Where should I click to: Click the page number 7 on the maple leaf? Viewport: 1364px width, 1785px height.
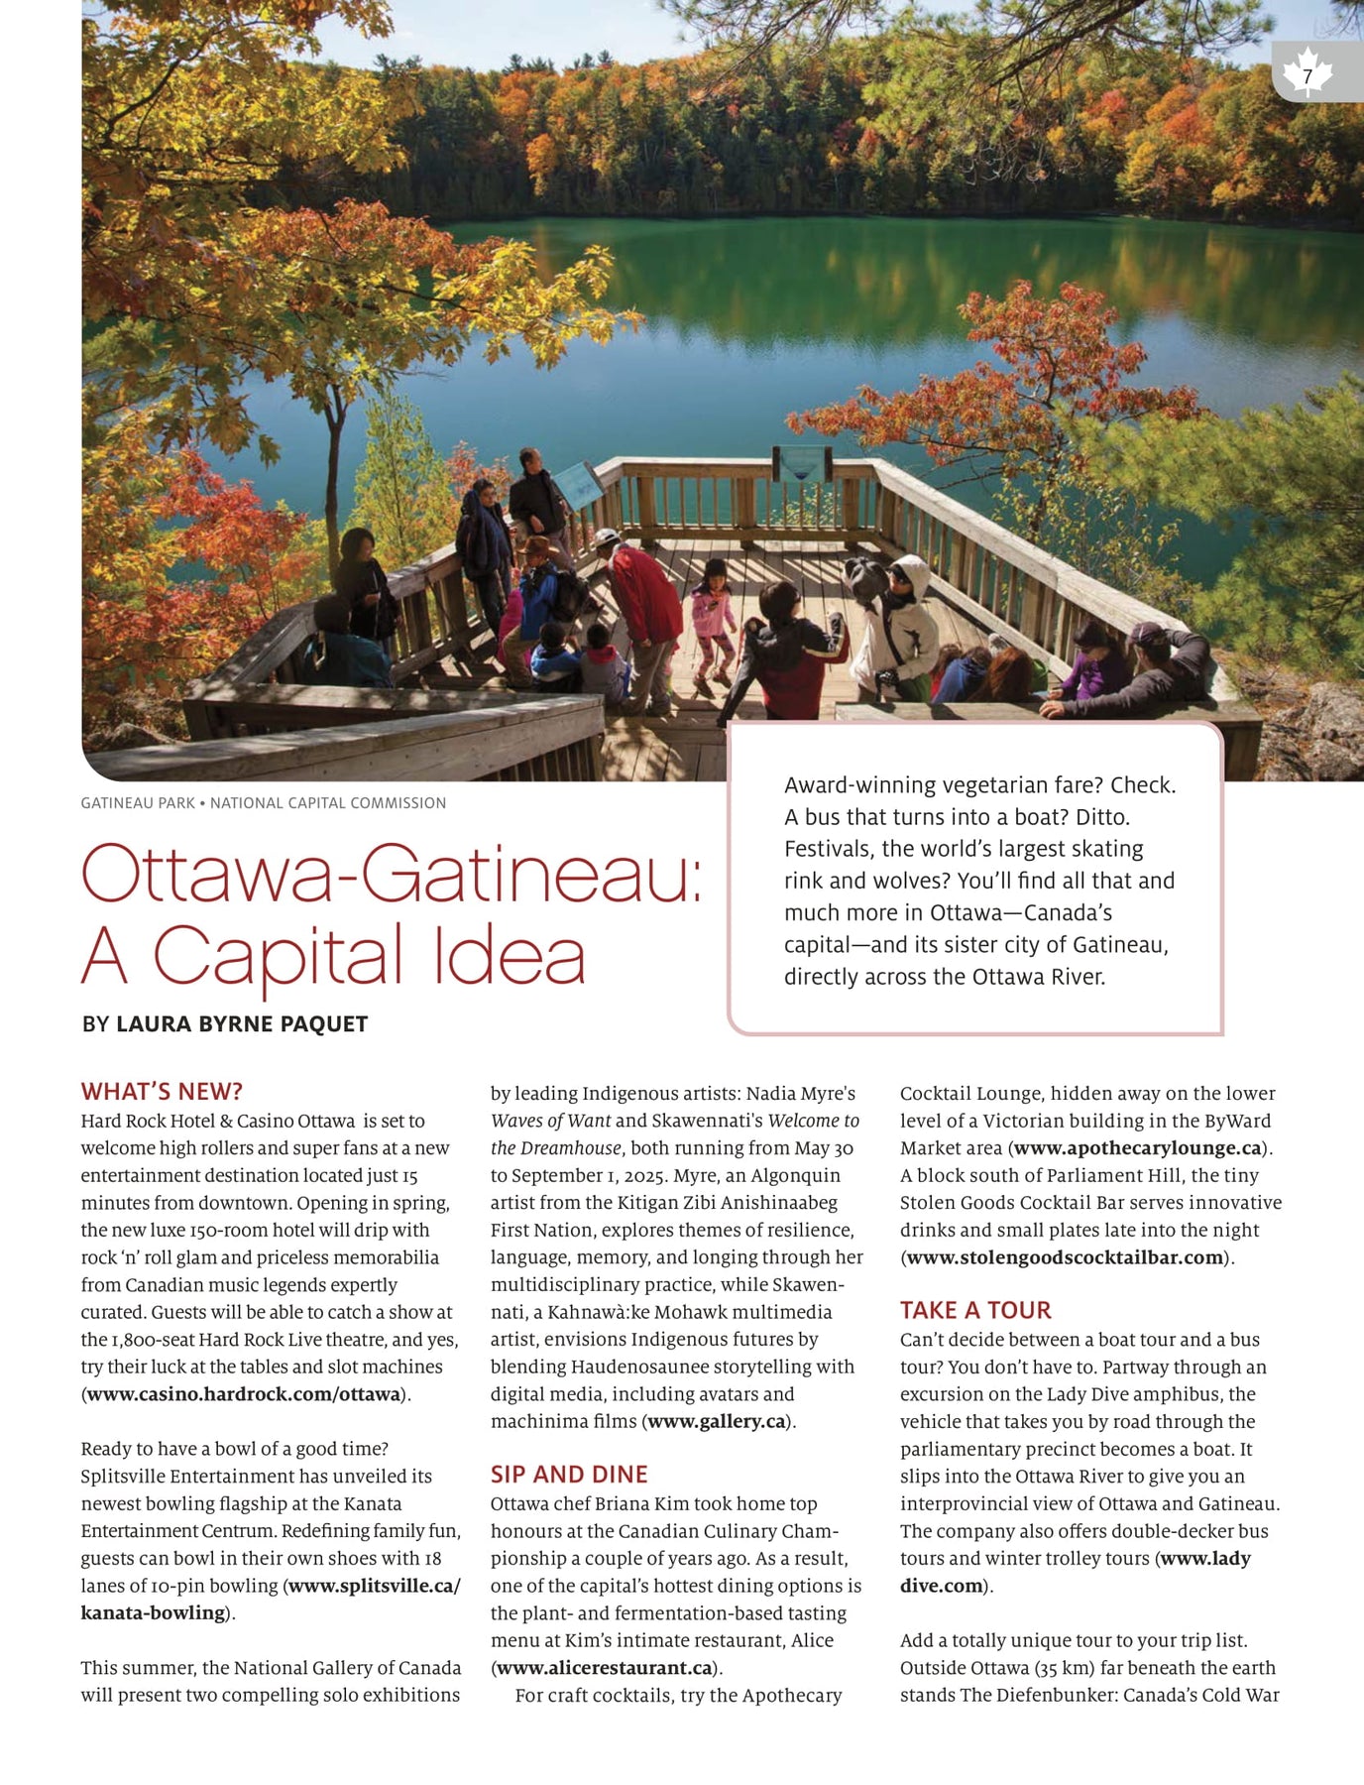(1307, 75)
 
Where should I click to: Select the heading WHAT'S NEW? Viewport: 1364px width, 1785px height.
(162, 1091)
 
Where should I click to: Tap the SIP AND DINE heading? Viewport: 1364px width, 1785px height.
(569, 1474)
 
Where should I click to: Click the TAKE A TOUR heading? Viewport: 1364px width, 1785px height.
(975, 1310)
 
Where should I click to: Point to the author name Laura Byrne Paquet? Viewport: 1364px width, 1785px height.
(242, 1023)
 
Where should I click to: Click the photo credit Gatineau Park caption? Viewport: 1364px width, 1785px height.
(263, 802)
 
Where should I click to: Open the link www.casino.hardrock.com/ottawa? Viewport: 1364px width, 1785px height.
(243, 1393)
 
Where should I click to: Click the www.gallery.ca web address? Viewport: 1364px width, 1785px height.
(717, 1421)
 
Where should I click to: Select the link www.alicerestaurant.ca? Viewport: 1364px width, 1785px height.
(605, 1667)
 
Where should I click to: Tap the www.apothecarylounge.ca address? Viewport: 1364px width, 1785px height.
(1137, 1148)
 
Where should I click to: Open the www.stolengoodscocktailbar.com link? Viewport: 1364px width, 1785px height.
(1065, 1257)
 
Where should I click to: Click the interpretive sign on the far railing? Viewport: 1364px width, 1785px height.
(801, 462)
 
